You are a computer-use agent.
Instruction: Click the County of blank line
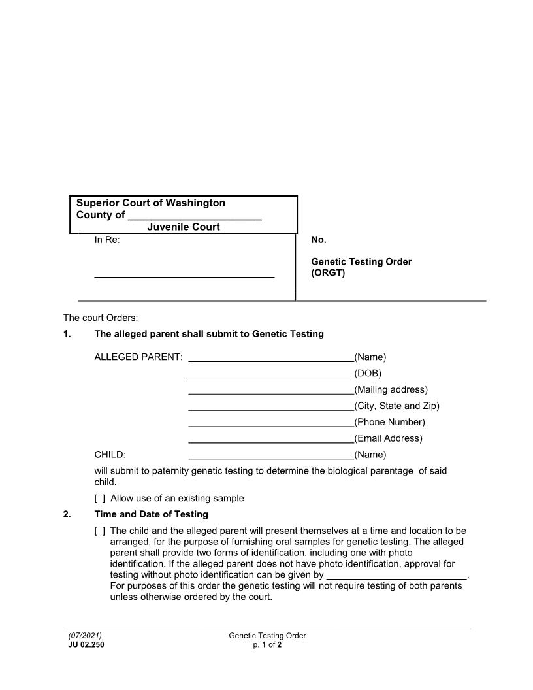click(195, 216)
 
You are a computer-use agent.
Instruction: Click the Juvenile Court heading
click(183, 227)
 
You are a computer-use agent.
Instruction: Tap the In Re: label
click(107, 240)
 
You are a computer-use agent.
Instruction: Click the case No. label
click(318, 240)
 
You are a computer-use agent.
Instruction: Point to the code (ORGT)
click(327, 273)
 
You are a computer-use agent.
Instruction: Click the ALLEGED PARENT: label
click(138, 357)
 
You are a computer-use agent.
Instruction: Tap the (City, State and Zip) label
click(396, 406)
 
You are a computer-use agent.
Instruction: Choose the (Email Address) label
click(388, 438)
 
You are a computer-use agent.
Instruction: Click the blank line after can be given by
click(396, 577)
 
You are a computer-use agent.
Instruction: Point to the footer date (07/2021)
click(85, 636)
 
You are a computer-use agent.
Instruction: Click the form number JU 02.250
click(86, 644)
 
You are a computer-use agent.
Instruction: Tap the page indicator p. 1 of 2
click(267, 644)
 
